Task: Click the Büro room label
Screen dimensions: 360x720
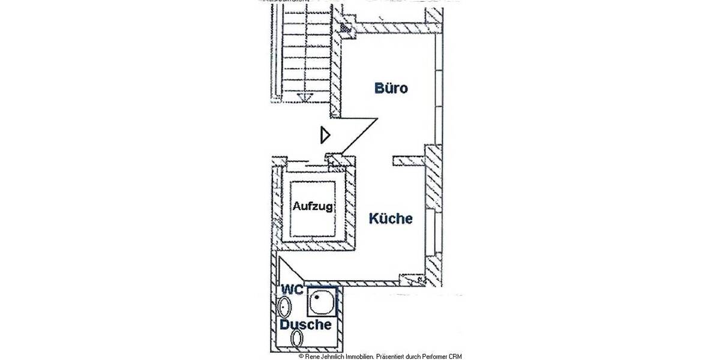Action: click(x=391, y=89)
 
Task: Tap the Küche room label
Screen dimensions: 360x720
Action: click(x=391, y=218)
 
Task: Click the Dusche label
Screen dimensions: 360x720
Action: click(x=305, y=325)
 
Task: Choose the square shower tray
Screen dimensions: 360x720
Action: click(x=322, y=302)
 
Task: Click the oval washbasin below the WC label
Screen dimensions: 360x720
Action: click(x=284, y=308)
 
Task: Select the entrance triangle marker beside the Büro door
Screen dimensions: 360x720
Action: click(x=325, y=135)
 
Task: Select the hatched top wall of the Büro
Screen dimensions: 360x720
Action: click(x=393, y=28)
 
